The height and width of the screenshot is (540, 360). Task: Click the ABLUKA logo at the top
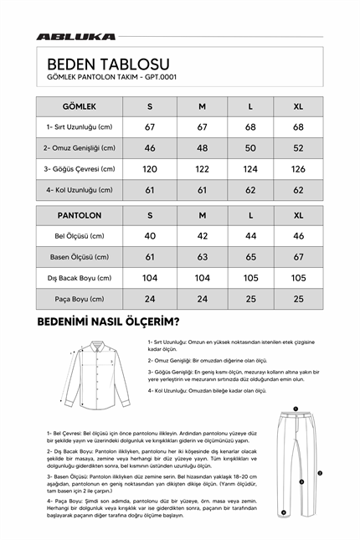pyautogui.click(x=75, y=37)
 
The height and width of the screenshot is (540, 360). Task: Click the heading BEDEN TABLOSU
pyautogui.click(x=108, y=64)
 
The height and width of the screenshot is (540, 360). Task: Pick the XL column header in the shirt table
pyautogui.click(x=299, y=107)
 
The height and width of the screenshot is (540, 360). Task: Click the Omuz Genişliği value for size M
pyautogui.click(x=202, y=148)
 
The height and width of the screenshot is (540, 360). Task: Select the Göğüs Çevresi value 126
pyautogui.click(x=299, y=169)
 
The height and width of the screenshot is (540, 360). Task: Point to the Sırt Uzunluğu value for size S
pyautogui.click(x=150, y=127)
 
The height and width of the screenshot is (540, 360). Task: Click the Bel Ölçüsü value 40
pyautogui.click(x=150, y=236)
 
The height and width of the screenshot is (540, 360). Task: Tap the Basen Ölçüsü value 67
pyautogui.click(x=299, y=257)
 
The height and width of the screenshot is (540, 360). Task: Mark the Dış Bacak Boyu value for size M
pyautogui.click(x=202, y=278)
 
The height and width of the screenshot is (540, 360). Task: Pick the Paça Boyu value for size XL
pyautogui.click(x=299, y=299)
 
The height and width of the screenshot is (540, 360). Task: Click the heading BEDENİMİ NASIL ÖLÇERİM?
pyautogui.click(x=108, y=321)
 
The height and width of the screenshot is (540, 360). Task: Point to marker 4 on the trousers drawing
pyautogui.click(x=285, y=512)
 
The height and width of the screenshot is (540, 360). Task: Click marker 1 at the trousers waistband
pyautogui.click(x=296, y=409)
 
